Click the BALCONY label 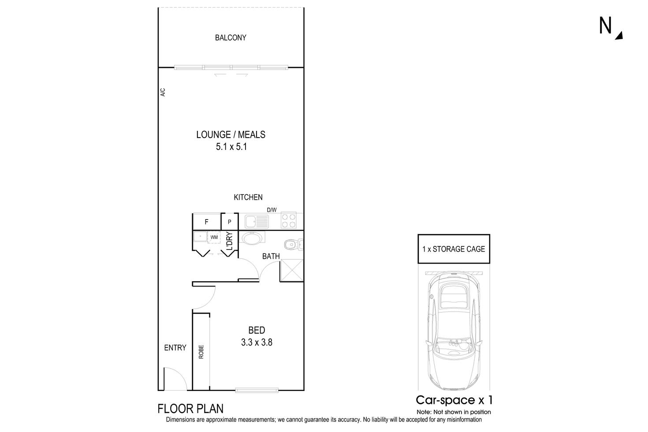click(x=231, y=38)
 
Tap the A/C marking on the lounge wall click(x=162, y=93)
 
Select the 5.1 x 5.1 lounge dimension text click(x=231, y=147)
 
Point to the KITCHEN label click(x=248, y=197)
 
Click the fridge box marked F click(x=206, y=222)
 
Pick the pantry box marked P click(x=229, y=222)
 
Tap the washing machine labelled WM click(x=214, y=237)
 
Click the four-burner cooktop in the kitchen click(x=288, y=220)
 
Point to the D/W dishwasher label click(x=272, y=210)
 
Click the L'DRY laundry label click(x=229, y=242)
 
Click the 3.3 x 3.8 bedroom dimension click(x=257, y=342)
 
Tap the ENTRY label click(x=175, y=348)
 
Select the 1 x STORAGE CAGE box click(x=454, y=249)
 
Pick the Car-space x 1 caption click(x=454, y=400)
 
